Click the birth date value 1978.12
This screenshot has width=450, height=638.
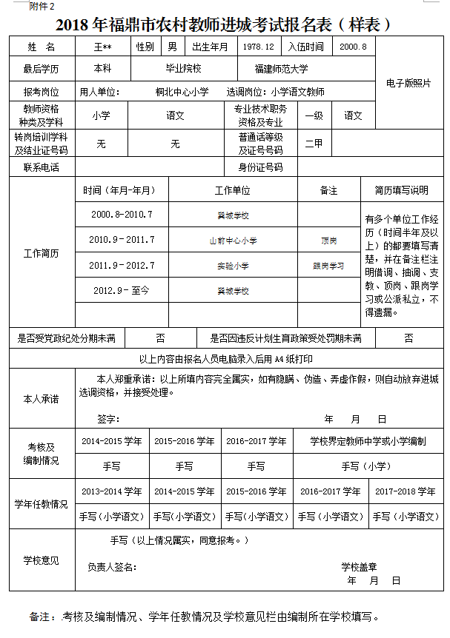(x=259, y=47)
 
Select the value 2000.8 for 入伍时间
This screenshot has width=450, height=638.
(x=352, y=47)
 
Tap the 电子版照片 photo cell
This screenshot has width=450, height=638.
(x=408, y=84)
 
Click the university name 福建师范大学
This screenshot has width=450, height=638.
(x=281, y=69)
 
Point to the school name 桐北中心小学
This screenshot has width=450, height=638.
(x=182, y=93)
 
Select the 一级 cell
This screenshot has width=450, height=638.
(x=314, y=115)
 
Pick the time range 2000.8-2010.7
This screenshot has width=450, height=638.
(x=122, y=215)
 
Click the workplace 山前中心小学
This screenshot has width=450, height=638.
(x=233, y=241)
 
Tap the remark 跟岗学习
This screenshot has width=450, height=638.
(x=328, y=266)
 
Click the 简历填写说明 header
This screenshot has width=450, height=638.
(x=402, y=190)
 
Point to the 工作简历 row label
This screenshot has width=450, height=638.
(x=42, y=253)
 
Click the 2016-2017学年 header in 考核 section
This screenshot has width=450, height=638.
(x=257, y=441)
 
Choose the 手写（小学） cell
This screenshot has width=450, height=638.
(x=365, y=466)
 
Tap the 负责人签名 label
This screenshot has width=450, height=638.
(x=112, y=567)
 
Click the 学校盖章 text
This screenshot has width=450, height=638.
(x=360, y=567)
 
